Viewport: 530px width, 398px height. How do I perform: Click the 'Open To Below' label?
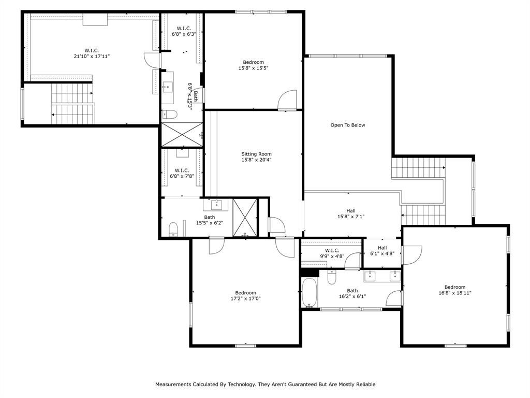[x=347, y=125]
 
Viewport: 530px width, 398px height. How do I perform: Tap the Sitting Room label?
[x=256, y=154]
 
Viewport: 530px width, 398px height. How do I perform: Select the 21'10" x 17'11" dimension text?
[x=92, y=56]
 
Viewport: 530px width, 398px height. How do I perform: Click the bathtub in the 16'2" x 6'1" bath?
[x=310, y=293]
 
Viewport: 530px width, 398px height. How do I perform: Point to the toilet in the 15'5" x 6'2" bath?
[x=173, y=229]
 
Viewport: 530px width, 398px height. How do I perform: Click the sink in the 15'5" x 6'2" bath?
[x=216, y=205]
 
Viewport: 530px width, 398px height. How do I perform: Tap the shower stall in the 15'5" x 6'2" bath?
[x=245, y=218]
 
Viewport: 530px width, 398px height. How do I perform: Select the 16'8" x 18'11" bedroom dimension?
[x=454, y=293]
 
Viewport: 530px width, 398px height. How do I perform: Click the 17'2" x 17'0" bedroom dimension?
[x=245, y=298]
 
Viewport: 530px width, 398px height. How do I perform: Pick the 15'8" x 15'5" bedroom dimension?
[x=253, y=68]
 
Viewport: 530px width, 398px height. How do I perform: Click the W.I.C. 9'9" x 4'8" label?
[x=332, y=253]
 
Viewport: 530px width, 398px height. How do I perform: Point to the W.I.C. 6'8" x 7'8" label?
[x=182, y=173]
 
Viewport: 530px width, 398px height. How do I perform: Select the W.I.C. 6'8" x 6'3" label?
[x=184, y=31]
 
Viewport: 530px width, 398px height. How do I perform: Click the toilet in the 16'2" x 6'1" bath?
[x=332, y=278]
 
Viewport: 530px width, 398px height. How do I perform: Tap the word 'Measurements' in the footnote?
[x=173, y=384]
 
